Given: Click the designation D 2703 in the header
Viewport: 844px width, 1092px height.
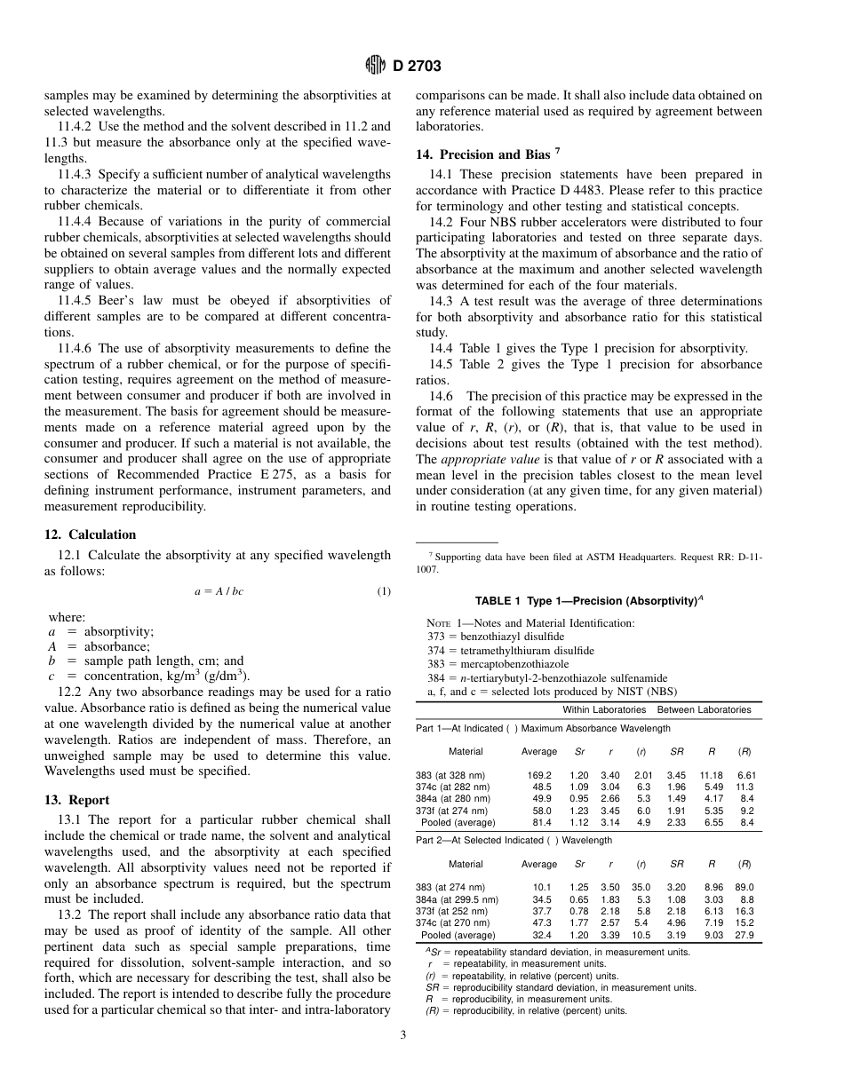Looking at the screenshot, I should [416, 65].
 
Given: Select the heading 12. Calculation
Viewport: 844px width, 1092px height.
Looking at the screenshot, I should [91, 534].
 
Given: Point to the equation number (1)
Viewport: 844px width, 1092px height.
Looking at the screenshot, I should [384, 591].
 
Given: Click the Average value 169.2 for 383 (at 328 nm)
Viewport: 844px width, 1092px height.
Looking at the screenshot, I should [539, 775].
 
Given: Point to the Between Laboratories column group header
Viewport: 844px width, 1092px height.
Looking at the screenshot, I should [704, 709].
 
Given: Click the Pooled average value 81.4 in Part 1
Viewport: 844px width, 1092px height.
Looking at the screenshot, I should [541, 822].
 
